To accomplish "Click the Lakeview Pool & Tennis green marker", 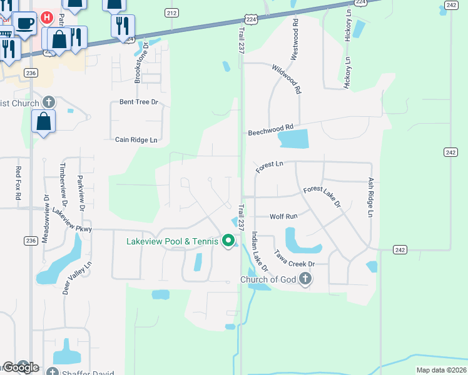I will pyautogui.click(x=229, y=241).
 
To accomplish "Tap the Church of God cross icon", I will pyautogui.click(x=305, y=279).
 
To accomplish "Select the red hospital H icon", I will pyautogui.click(x=46, y=17).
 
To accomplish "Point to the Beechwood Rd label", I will pyautogui.click(x=270, y=130).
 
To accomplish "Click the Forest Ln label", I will pyautogui.click(x=270, y=167).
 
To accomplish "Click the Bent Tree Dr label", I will pyautogui.click(x=139, y=102).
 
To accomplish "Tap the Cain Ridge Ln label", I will pyautogui.click(x=136, y=140).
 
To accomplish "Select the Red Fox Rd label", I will pyautogui.click(x=19, y=183).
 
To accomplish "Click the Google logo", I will pyautogui.click(x=21, y=367).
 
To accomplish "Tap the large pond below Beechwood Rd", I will pyautogui.click(x=293, y=139).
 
